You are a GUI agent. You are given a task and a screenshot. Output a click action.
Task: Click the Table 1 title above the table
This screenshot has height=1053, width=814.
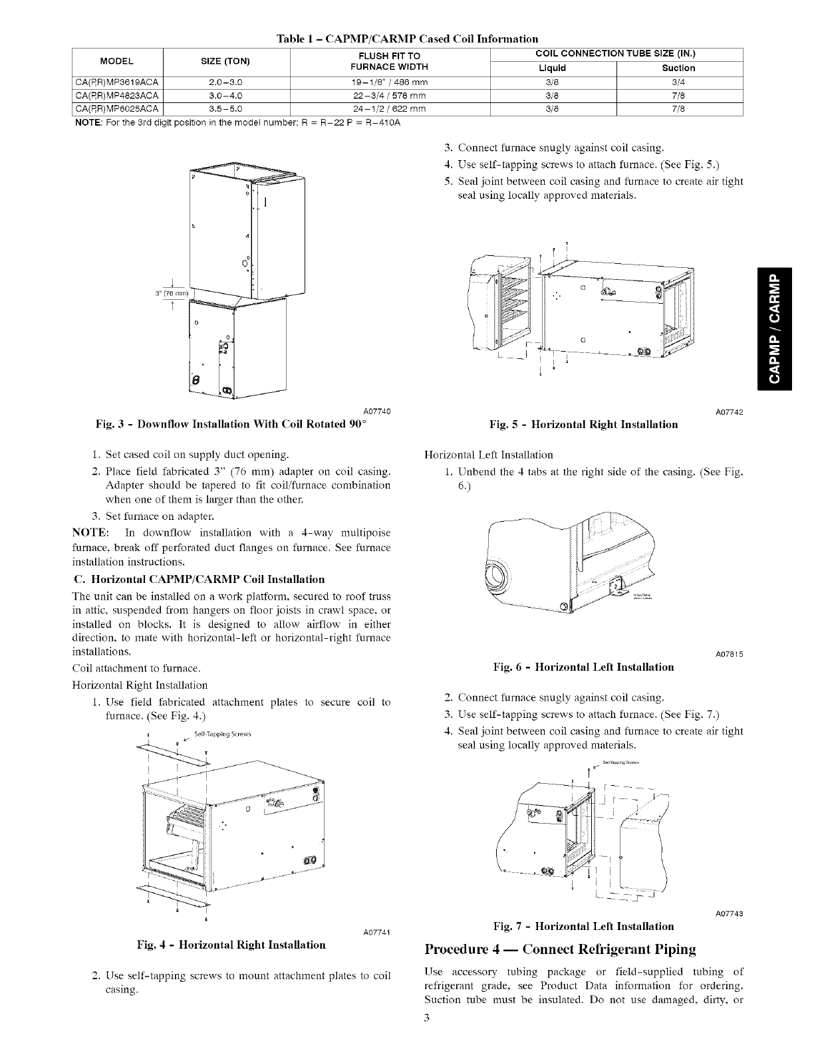click(x=407, y=39)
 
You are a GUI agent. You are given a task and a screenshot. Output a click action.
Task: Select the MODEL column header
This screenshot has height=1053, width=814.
click(x=116, y=61)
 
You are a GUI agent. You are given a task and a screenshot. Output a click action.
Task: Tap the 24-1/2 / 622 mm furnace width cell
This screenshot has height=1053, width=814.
click(x=390, y=109)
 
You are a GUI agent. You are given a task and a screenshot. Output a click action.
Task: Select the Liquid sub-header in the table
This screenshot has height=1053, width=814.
click(x=552, y=68)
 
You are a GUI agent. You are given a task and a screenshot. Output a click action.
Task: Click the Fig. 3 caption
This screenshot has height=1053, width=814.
click(x=232, y=425)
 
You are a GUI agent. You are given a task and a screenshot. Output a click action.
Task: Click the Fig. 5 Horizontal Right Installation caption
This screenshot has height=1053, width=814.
click(x=583, y=425)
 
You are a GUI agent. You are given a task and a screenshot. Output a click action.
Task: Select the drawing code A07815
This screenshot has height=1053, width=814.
click(x=729, y=654)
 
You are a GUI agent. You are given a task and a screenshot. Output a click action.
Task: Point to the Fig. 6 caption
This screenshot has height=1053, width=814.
click(x=583, y=667)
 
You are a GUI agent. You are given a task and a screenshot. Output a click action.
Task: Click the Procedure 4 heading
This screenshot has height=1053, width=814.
click(x=560, y=949)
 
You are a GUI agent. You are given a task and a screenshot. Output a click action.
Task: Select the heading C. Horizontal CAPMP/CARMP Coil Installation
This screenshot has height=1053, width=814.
click(x=198, y=579)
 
